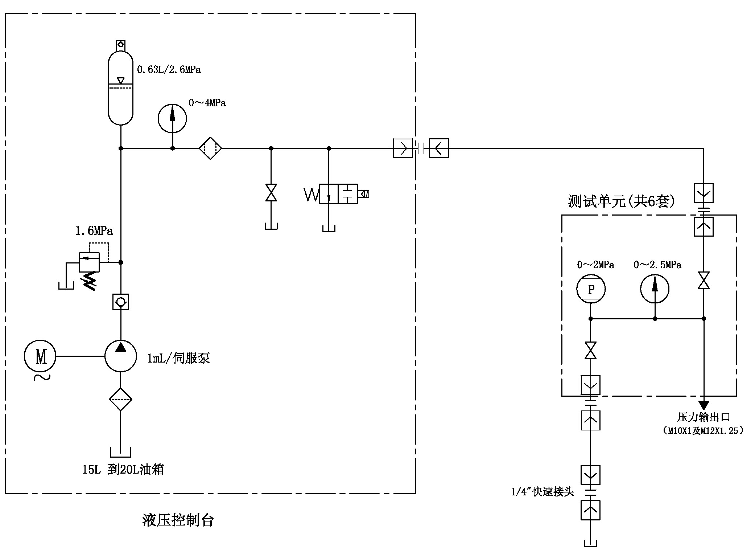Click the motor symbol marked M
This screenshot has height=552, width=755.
40,356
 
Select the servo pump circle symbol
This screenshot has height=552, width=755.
121,356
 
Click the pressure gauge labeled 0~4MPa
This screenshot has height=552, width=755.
172,119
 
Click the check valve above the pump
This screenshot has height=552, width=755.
121,302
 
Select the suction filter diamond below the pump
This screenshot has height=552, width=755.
121,399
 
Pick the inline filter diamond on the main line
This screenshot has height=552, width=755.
210,148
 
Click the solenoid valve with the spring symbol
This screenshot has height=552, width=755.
338,194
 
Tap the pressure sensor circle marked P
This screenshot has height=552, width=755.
591,289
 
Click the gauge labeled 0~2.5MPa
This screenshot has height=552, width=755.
655,289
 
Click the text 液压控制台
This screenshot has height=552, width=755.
178,520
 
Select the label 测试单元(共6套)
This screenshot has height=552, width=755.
621,201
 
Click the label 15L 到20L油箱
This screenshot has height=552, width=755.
123,469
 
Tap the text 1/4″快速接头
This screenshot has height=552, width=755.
542,492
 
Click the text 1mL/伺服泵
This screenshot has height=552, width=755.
178,358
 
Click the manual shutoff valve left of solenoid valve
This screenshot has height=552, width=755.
271,193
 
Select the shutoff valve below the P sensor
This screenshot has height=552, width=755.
590,350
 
